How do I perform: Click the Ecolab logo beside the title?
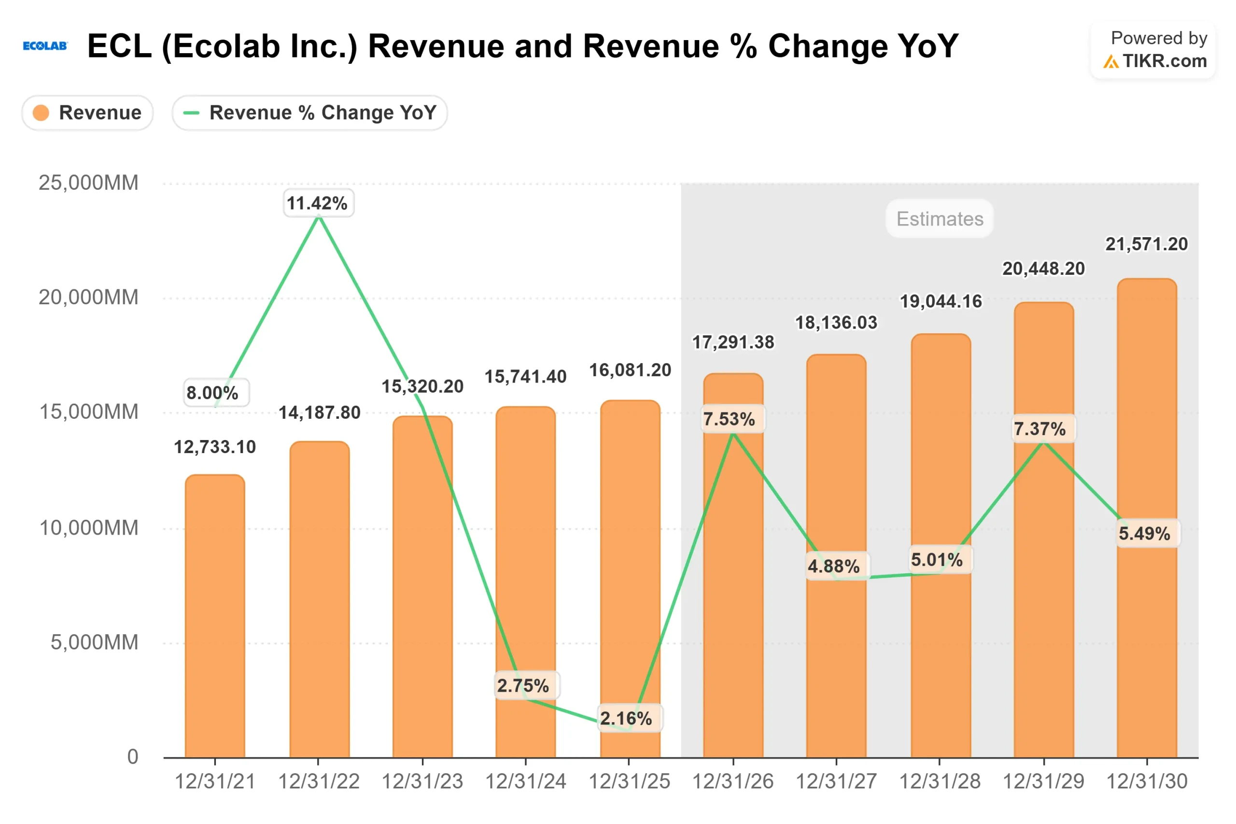point(45,46)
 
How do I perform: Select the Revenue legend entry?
point(88,113)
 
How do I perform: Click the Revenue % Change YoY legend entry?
point(309,113)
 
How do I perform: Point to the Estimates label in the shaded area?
point(939,219)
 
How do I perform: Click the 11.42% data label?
point(317,203)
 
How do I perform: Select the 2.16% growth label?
point(626,718)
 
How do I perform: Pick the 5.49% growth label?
point(1144,533)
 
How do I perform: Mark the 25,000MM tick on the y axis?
point(88,183)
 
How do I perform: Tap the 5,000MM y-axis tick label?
point(94,642)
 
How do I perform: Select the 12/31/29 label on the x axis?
point(1043,781)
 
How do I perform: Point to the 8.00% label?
point(212,393)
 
